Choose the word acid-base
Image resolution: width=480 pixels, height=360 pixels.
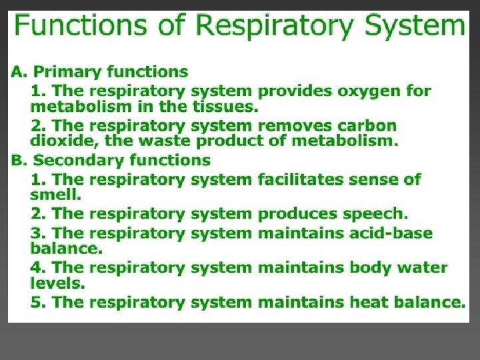click(x=389, y=233)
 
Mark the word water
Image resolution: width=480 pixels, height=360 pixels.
click(x=423, y=267)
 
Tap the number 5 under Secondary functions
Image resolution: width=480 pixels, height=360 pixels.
click(x=36, y=302)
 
